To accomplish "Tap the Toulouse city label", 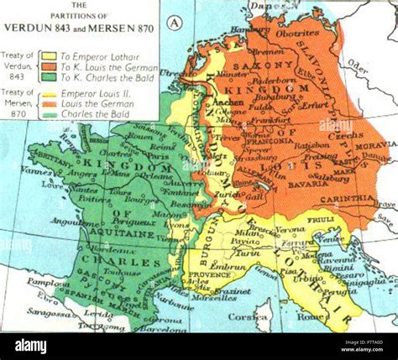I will click(x=128, y=273).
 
